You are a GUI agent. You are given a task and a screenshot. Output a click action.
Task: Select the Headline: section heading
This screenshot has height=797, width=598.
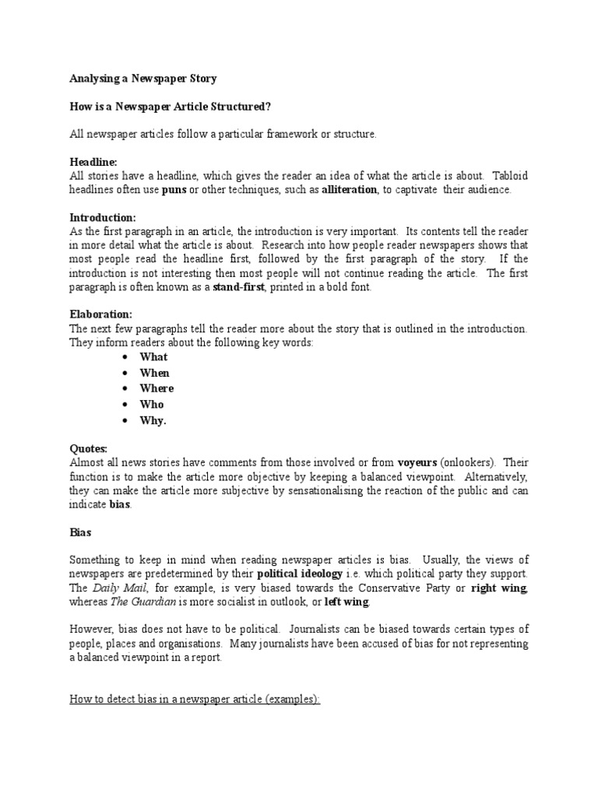pyautogui.click(x=93, y=161)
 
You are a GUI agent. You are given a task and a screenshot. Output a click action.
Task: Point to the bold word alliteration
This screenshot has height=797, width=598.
pyautogui.click(x=349, y=189)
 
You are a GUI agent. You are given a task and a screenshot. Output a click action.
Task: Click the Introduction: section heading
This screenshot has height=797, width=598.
pyautogui.click(x=103, y=217)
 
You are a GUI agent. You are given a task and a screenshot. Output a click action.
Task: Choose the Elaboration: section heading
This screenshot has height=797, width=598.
pyautogui.click(x=101, y=314)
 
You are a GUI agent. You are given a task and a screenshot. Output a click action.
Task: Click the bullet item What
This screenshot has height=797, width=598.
pyautogui.click(x=153, y=357)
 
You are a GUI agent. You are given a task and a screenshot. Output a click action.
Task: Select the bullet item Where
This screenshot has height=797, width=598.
pyautogui.click(x=157, y=388)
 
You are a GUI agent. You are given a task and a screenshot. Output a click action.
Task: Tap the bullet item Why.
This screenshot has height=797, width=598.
pyautogui.click(x=153, y=420)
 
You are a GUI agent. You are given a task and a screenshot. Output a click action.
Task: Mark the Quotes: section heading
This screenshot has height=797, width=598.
pyautogui.click(x=89, y=448)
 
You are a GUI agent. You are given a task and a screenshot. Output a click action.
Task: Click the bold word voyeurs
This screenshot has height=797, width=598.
pyautogui.click(x=418, y=462)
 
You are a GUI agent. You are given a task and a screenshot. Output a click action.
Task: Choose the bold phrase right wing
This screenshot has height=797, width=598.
pyautogui.click(x=498, y=588)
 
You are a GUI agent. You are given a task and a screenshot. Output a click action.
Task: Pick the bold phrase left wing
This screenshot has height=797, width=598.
pyautogui.click(x=346, y=602)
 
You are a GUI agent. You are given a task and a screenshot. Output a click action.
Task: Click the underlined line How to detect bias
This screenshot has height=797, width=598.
pyautogui.click(x=195, y=700)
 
